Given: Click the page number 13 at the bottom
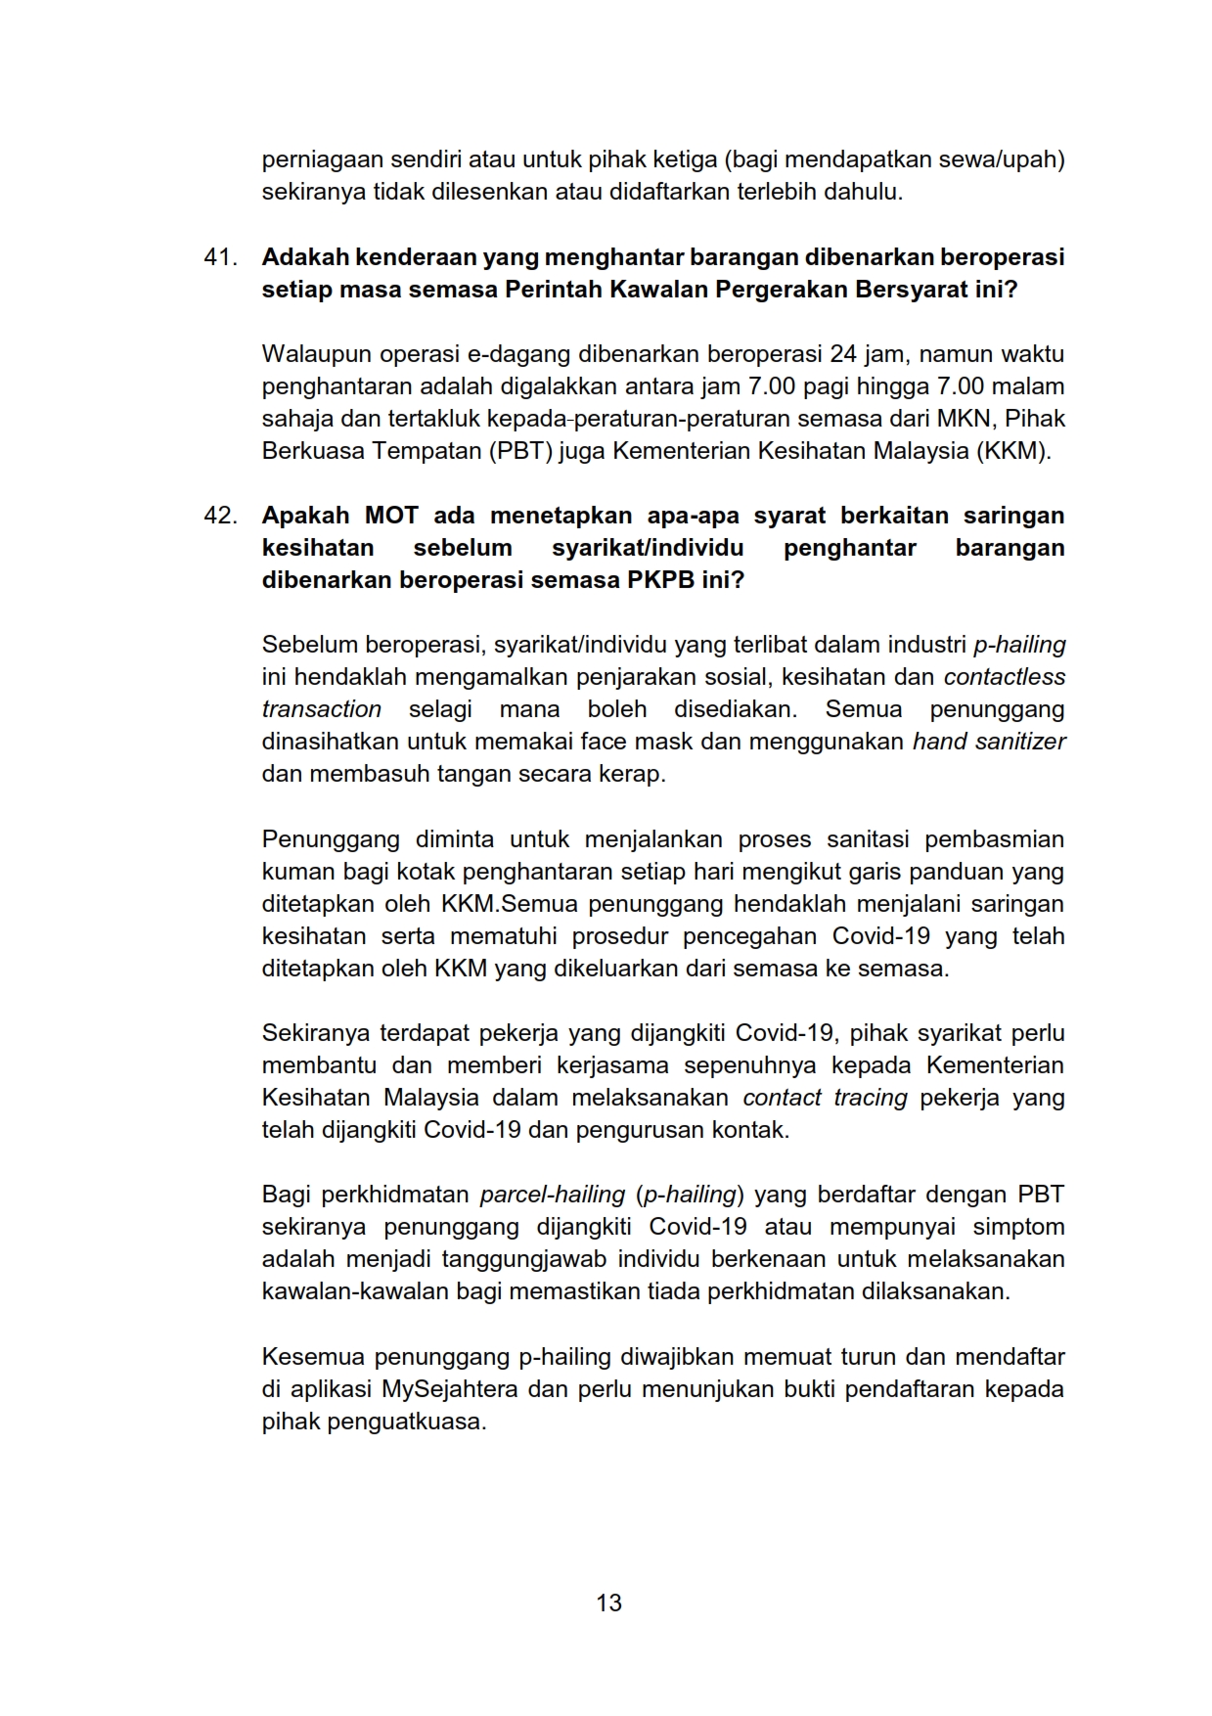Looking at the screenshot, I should [608, 1603].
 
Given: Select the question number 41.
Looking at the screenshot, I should [220, 257].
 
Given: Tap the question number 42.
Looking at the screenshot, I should [220, 516].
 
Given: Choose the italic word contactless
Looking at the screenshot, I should [1004, 677].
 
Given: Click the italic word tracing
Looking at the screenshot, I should [870, 1098].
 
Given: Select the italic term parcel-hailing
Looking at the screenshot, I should [553, 1195].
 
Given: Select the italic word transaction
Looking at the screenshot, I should [321, 709].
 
